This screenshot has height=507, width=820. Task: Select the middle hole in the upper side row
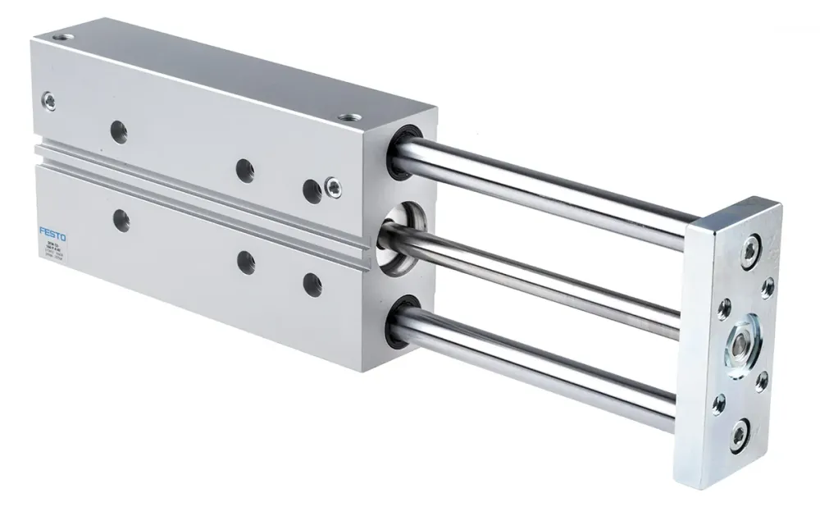(x=244, y=170)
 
